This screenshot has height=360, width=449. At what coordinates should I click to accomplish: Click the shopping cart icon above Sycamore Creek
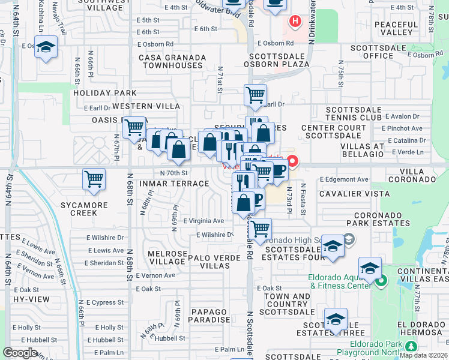click(x=94, y=179)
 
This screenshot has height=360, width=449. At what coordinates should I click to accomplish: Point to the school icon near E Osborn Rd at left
click(x=46, y=47)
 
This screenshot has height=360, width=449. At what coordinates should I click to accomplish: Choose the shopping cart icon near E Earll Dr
click(x=256, y=94)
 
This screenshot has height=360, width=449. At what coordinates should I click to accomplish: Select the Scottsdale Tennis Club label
click(x=354, y=114)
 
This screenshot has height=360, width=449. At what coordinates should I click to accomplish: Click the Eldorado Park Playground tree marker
click(x=411, y=347)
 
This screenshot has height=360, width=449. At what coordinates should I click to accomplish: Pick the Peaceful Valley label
click(x=395, y=28)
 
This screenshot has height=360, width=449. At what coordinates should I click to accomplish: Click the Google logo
click(x=20, y=353)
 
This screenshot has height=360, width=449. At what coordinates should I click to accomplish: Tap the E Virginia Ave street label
click(x=203, y=221)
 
